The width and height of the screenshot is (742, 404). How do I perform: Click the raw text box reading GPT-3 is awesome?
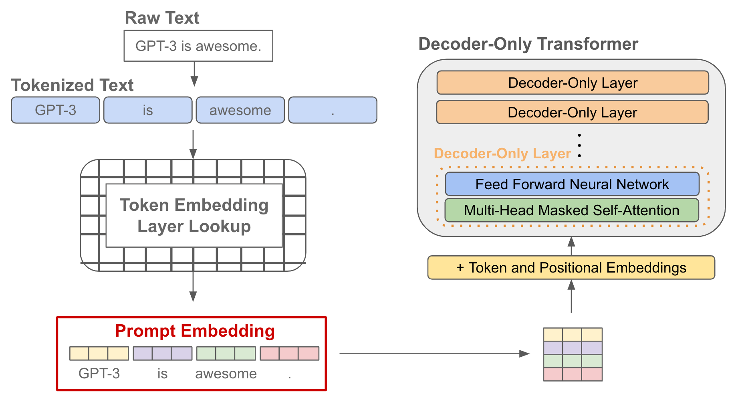[198, 46]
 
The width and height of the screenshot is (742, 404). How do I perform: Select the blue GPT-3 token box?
[55, 110]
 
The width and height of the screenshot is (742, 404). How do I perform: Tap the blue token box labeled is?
[148, 110]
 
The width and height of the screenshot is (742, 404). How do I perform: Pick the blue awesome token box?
[240, 110]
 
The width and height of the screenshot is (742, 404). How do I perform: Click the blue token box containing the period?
[333, 110]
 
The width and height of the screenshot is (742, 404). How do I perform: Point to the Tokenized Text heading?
[72, 85]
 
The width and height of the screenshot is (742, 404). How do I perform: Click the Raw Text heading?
[162, 18]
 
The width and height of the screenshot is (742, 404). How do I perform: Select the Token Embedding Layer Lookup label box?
[194, 216]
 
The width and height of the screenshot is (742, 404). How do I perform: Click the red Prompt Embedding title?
[195, 331]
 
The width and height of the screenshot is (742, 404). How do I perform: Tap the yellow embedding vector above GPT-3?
[99, 353]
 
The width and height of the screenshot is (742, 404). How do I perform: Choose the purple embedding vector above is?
[162, 353]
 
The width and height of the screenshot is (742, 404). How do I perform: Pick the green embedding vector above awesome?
[226, 353]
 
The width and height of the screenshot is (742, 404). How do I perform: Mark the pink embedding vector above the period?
[289, 353]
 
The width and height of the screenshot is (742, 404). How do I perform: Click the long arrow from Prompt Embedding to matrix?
[433, 353]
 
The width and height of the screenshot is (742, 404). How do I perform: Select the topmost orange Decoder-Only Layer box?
[573, 83]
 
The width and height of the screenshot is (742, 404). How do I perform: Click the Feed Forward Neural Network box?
[572, 184]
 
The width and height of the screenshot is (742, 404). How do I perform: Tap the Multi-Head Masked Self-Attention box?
[571, 210]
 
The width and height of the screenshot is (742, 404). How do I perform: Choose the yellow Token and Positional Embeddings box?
[571, 268]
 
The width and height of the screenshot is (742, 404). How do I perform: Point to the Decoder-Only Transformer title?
[528, 44]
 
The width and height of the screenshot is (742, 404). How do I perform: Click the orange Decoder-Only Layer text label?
[502, 154]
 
